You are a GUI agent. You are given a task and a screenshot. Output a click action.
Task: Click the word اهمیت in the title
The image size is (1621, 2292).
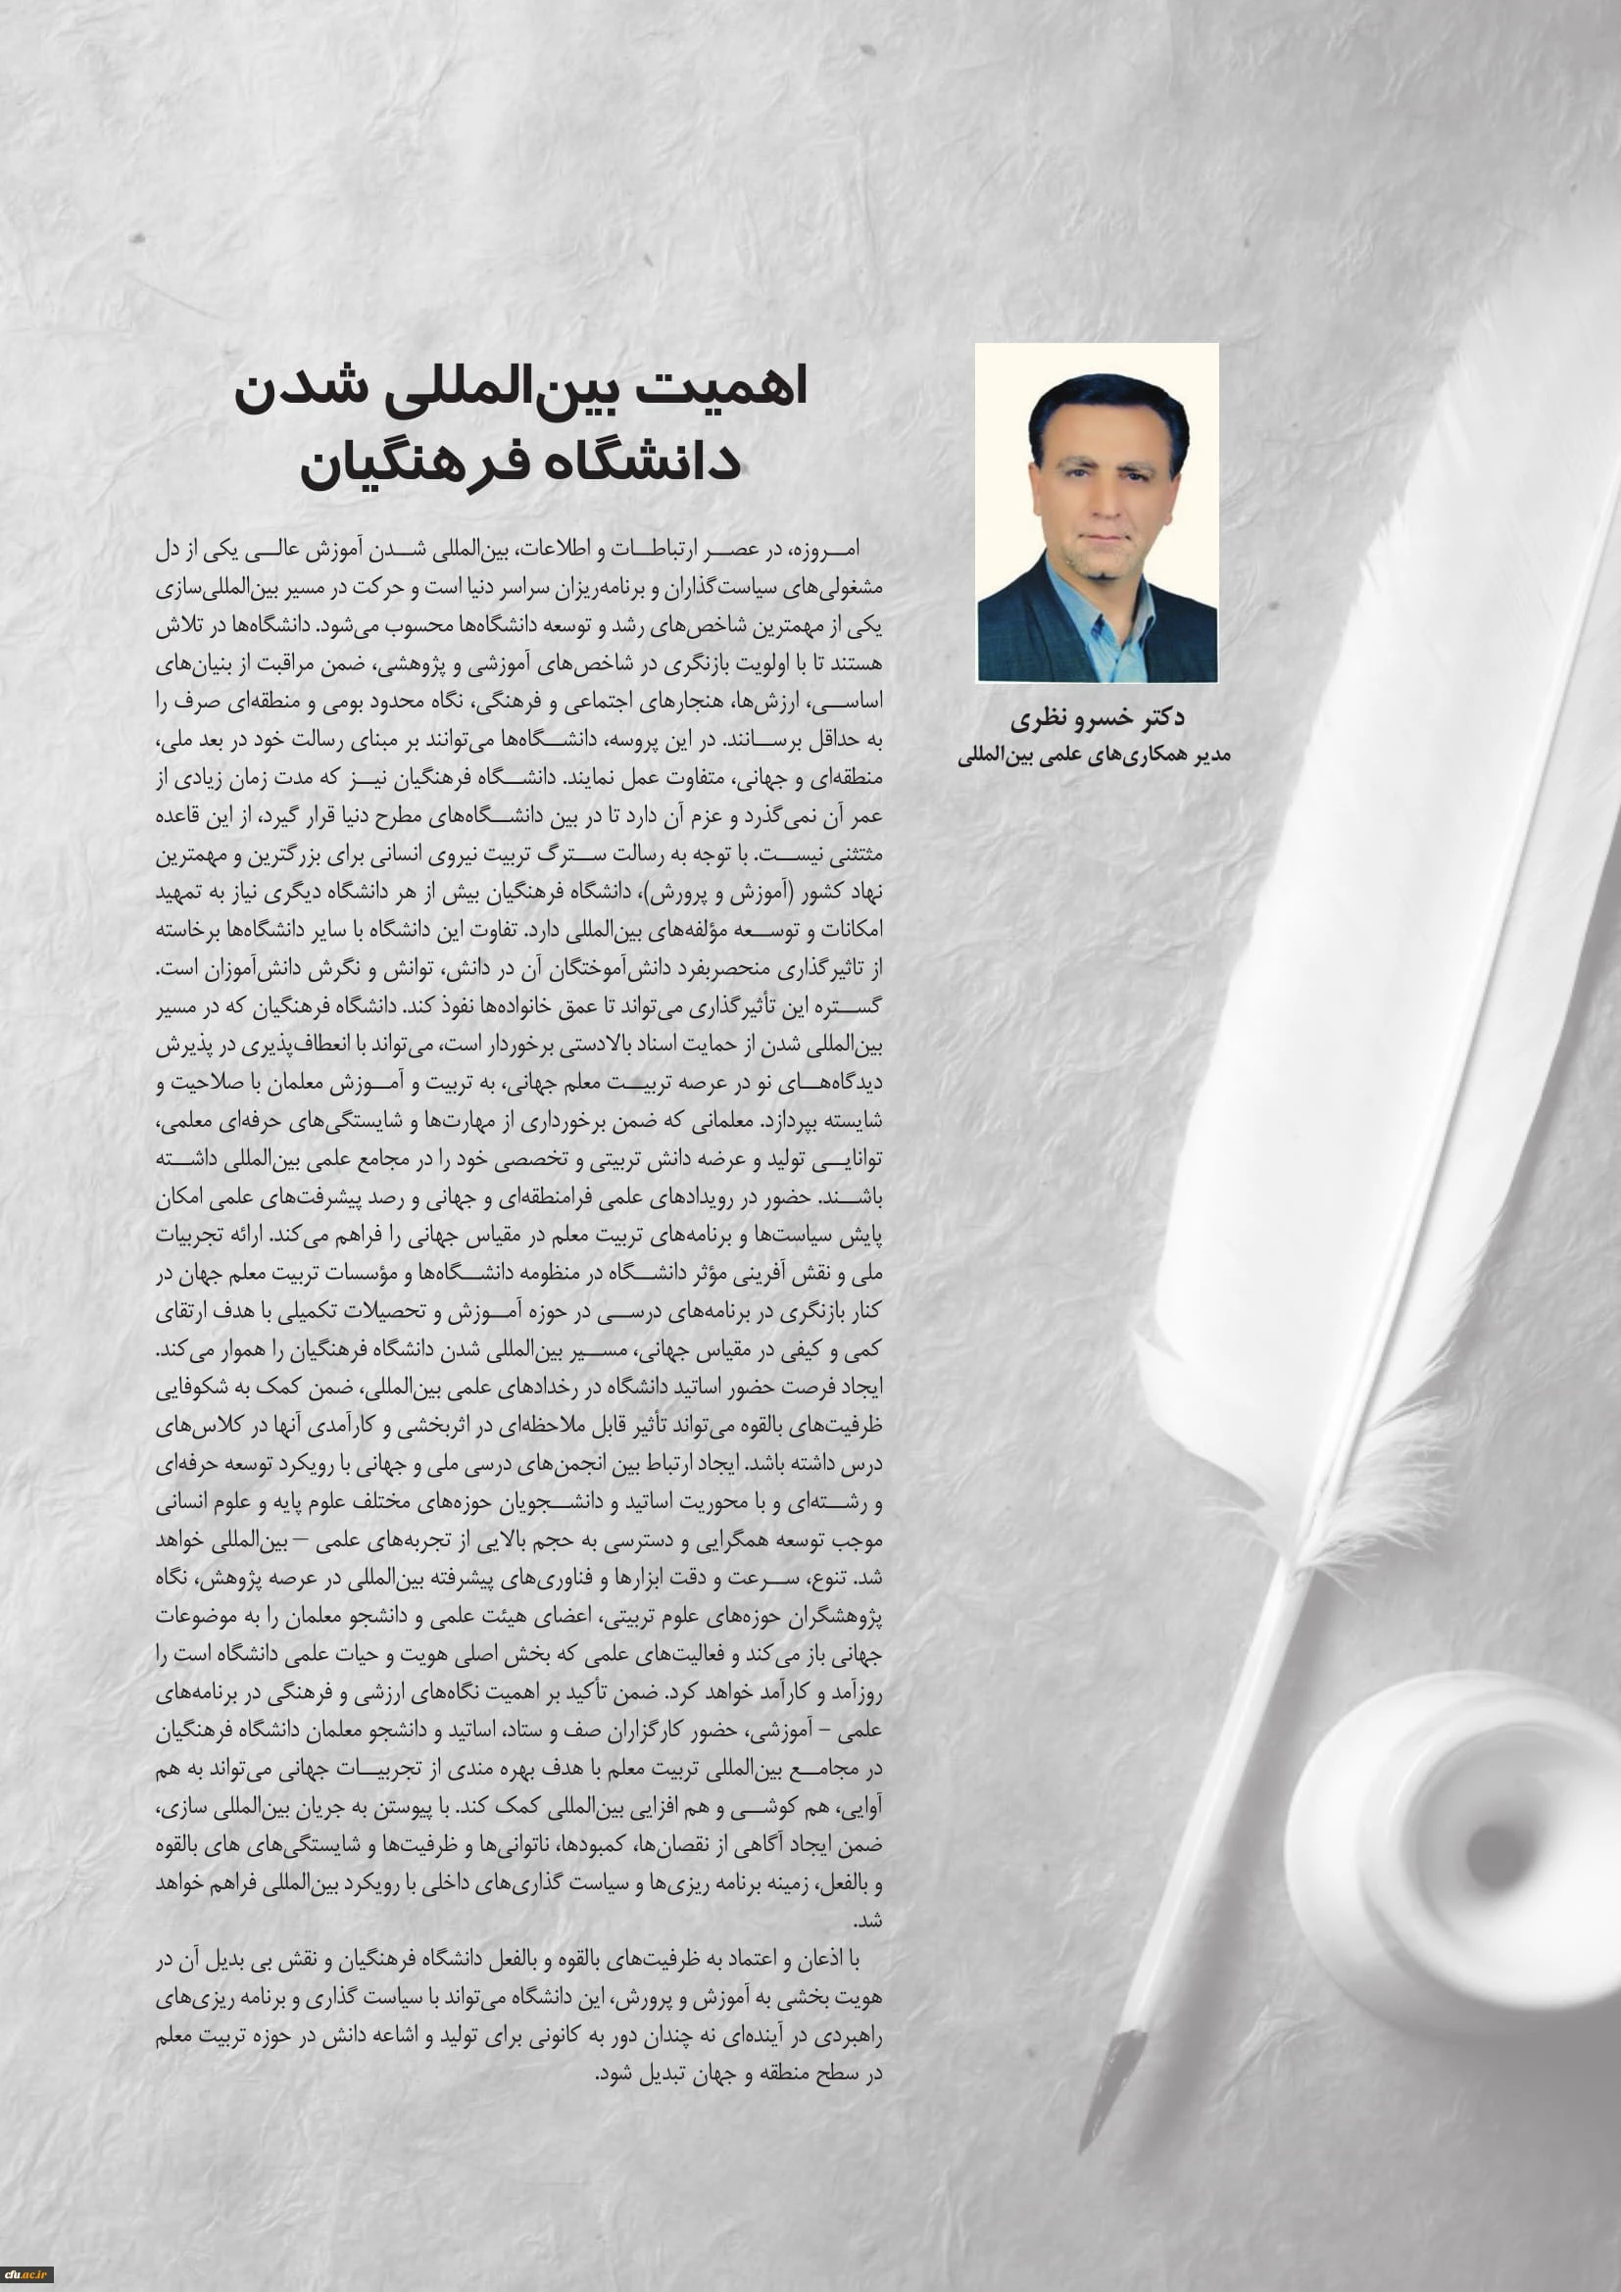(731, 387)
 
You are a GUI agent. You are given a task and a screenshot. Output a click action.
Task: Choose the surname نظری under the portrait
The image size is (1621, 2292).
(1039, 717)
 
